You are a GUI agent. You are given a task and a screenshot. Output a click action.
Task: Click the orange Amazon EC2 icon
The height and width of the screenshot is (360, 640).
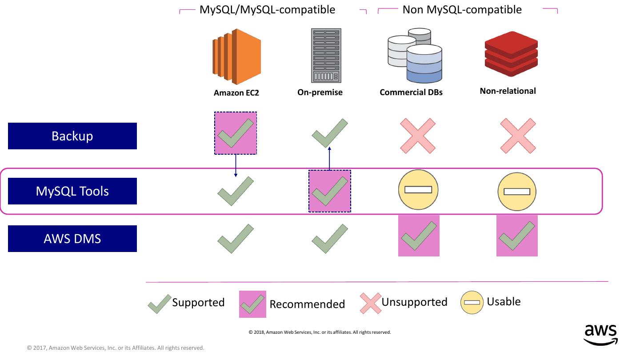coord(236,57)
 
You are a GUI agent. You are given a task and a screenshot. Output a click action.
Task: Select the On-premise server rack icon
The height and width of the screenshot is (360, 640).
coord(326,56)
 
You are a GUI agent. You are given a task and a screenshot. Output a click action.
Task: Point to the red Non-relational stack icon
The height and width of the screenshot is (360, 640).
coord(511,54)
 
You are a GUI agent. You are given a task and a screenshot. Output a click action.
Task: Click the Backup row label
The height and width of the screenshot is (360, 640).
coord(72,136)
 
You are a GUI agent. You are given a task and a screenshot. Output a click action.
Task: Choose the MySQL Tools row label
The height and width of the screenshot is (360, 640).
coord(72,191)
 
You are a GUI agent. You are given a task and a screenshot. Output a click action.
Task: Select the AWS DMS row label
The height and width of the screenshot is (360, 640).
coord(72,239)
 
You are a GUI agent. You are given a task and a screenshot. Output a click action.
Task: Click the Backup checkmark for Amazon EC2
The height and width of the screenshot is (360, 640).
coord(236,133)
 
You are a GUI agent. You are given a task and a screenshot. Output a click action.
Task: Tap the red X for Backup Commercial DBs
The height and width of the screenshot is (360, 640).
coord(418,136)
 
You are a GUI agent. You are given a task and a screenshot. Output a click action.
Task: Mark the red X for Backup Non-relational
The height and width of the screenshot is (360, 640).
coord(518,136)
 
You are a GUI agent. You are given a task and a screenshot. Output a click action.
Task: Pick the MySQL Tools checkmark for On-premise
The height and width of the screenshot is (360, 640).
coord(330,191)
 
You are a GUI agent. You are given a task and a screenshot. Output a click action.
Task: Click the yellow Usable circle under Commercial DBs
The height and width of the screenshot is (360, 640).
coord(418,190)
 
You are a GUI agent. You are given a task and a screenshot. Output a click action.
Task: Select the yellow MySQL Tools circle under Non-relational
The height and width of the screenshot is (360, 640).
coord(517,192)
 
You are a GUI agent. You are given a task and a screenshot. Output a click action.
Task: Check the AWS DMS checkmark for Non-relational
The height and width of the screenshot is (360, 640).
coord(517,236)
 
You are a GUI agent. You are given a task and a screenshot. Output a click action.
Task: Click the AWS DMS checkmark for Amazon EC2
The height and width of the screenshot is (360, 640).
coord(236,239)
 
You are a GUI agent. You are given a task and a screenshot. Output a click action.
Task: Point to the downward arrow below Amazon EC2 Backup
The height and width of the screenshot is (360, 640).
coord(236,166)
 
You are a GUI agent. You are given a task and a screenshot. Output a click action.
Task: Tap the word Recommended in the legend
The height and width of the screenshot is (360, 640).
coord(307,304)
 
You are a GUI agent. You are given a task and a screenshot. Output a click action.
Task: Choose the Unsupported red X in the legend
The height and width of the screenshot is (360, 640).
coord(371,303)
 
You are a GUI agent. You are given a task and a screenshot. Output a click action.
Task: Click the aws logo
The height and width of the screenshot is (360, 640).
coord(600,335)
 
